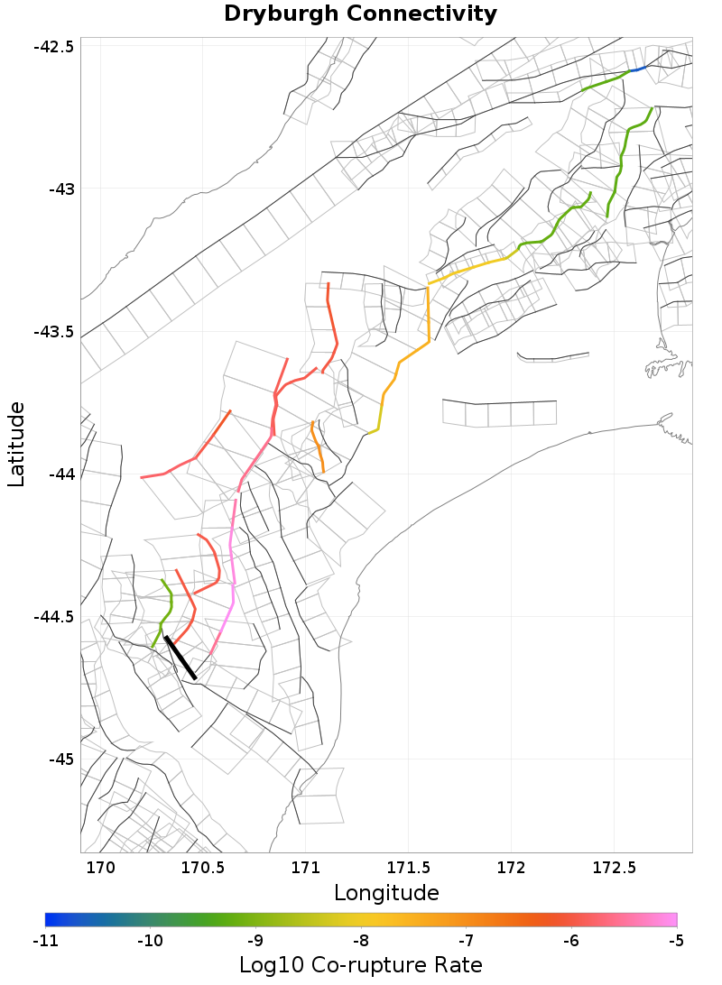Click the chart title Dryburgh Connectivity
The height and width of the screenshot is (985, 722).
[x=360, y=14]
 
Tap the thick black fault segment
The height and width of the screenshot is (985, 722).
[x=180, y=657]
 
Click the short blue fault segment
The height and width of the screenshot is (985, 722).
[x=638, y=69]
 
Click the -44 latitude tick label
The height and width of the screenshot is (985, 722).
[x=59, y=474]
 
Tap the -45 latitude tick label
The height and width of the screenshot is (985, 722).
[x=59, y=759]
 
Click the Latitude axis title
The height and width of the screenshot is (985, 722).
[x=17, y=445]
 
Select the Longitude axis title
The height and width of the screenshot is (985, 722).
[x=386, y=893]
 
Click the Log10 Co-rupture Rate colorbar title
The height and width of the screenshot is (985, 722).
[x=360, y=964]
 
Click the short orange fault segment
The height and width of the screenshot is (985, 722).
[x=317, y=446]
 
